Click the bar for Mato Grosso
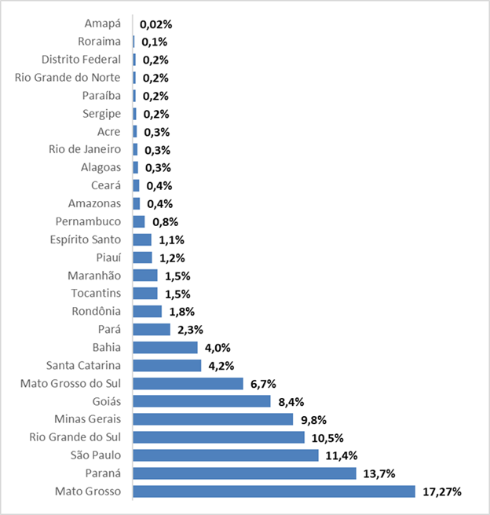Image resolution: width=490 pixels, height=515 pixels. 273,491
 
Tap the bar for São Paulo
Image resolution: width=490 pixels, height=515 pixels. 225,455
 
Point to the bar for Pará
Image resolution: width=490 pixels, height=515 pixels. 152,329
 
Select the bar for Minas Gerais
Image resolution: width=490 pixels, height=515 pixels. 213,419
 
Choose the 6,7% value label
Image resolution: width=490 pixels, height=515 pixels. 261,383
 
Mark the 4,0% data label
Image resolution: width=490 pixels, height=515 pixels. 217,347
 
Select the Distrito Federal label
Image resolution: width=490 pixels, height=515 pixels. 81,60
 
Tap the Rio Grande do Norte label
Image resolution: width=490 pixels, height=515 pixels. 68,78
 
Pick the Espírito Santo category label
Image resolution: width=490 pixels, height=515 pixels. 85,239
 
